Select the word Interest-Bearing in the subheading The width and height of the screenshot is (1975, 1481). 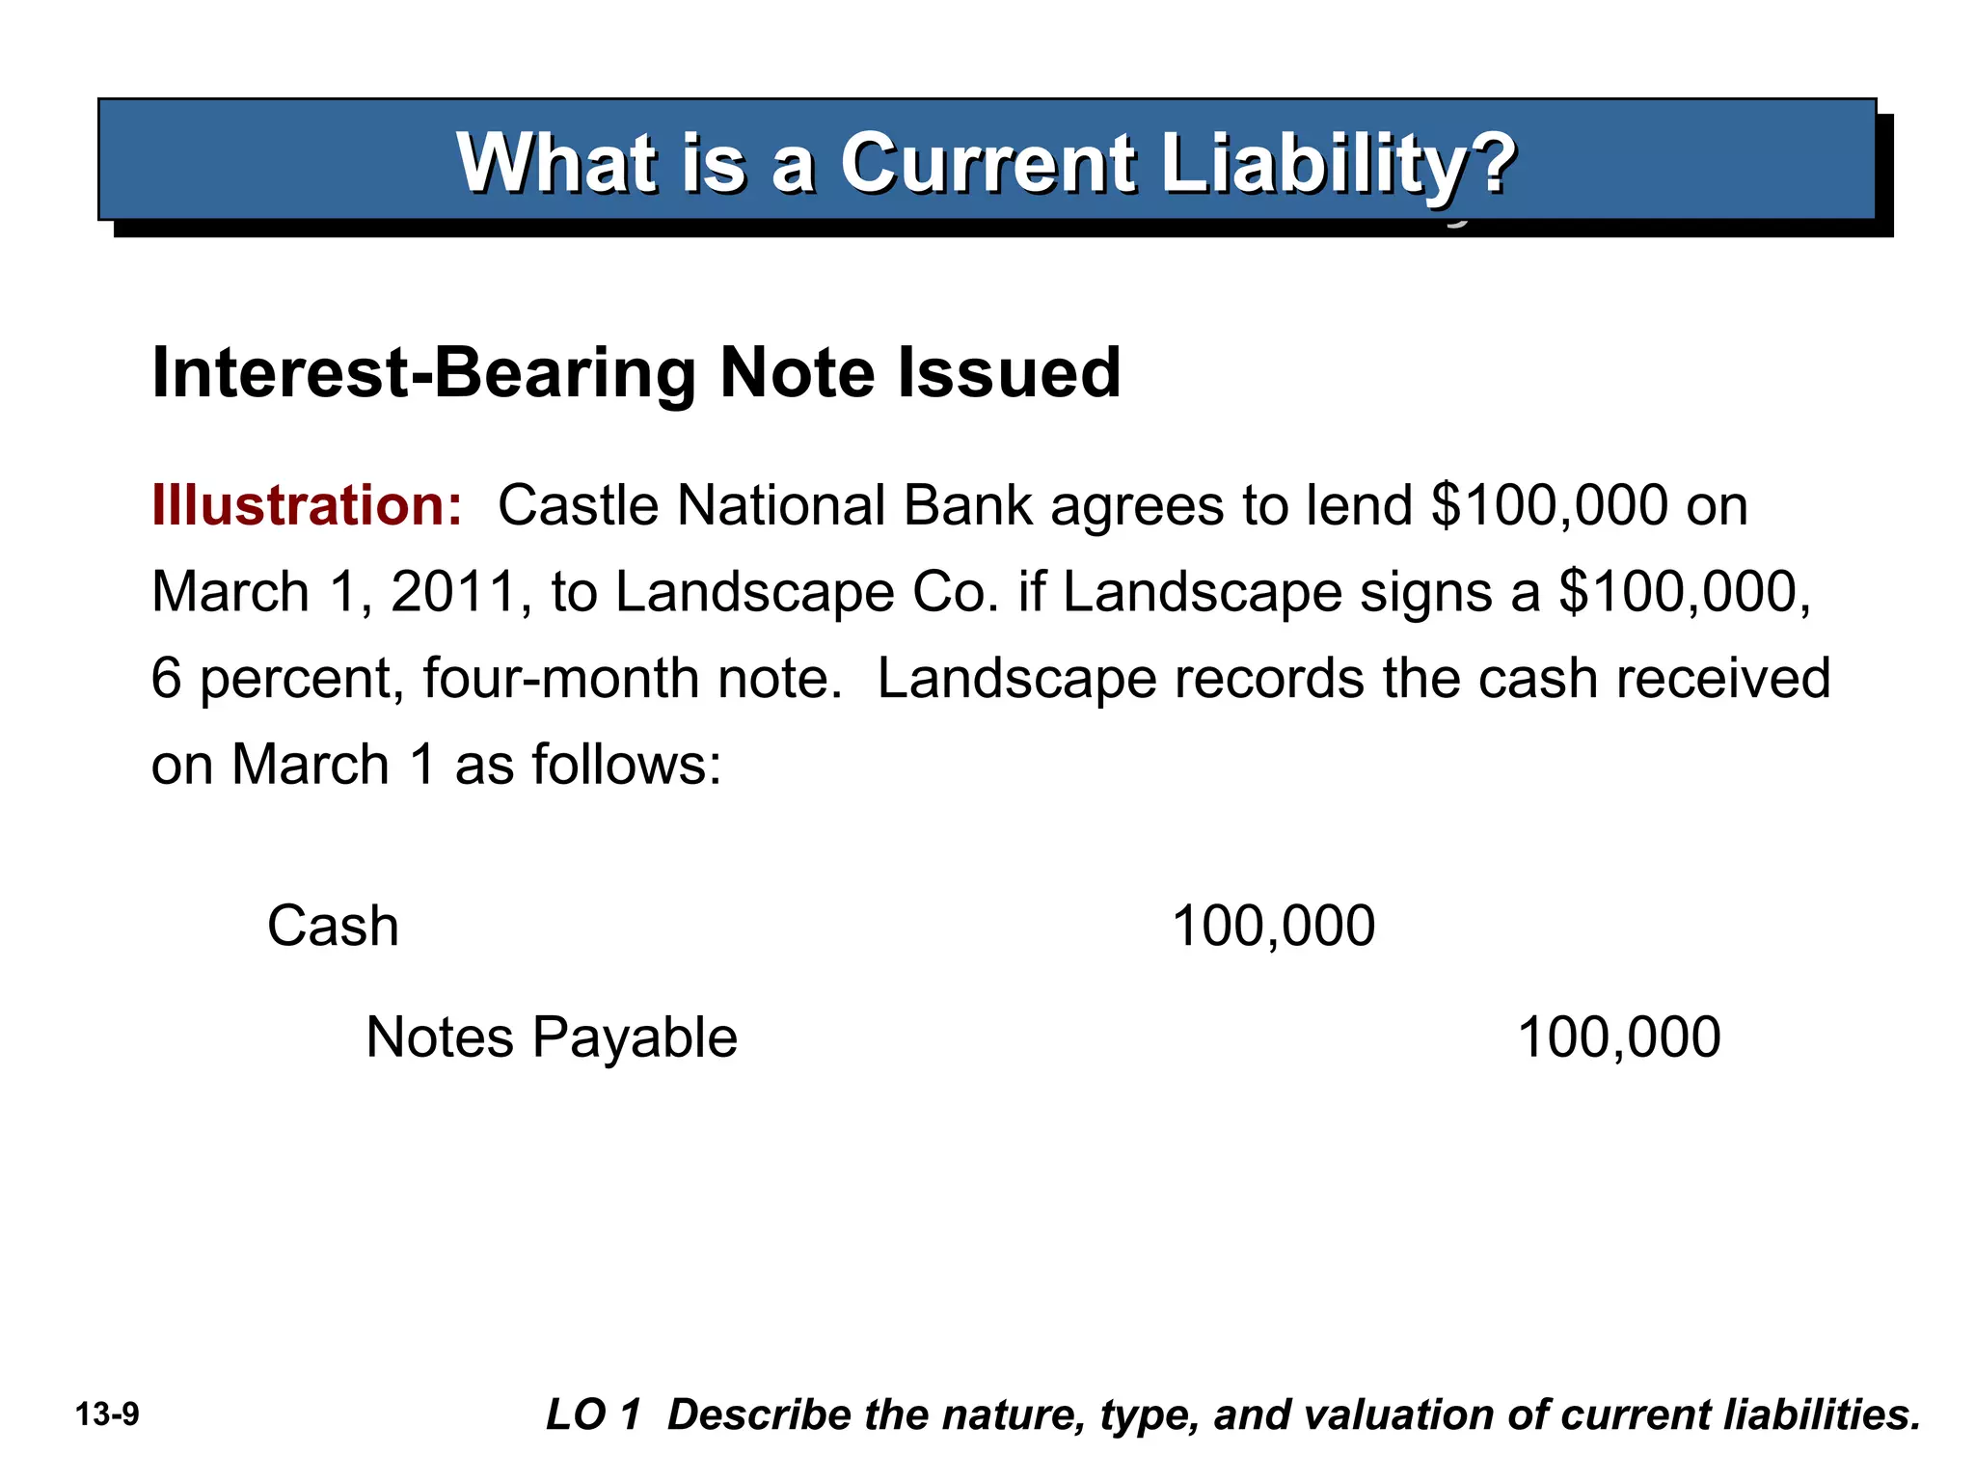tap(425, 373)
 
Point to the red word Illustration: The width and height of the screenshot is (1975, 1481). tap(308, 505)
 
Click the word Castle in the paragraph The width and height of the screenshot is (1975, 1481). tap(577, 505)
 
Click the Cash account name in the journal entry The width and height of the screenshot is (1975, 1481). tap(333, 927)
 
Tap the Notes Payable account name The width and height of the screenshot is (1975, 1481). tap(552, 1038)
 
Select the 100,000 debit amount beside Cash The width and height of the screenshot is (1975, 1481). tap(1273, 927)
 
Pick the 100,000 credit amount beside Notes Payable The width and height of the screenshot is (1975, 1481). tap(1618, 1038)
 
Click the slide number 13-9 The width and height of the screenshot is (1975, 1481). tap(107, 1415)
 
